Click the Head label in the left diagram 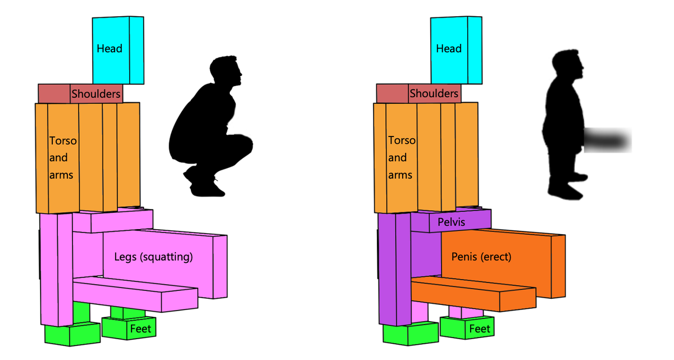(x=110, y=49)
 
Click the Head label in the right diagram (x=449, y=49)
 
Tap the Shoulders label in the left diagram (x=96, y=94)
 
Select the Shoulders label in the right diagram (x=434, y=94)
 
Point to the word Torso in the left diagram (x=62, y=140)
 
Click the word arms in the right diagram (x=400, y=175)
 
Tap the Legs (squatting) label (x=153, y=257)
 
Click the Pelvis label (x=452, y=222)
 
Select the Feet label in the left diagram (x=140, y=329)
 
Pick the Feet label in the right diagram (x=480, y=329)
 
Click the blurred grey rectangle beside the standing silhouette (x=608, y=140)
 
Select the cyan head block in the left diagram (x=118, y=34)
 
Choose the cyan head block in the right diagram (x=456, y=34)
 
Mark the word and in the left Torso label (x=58, y=158)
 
